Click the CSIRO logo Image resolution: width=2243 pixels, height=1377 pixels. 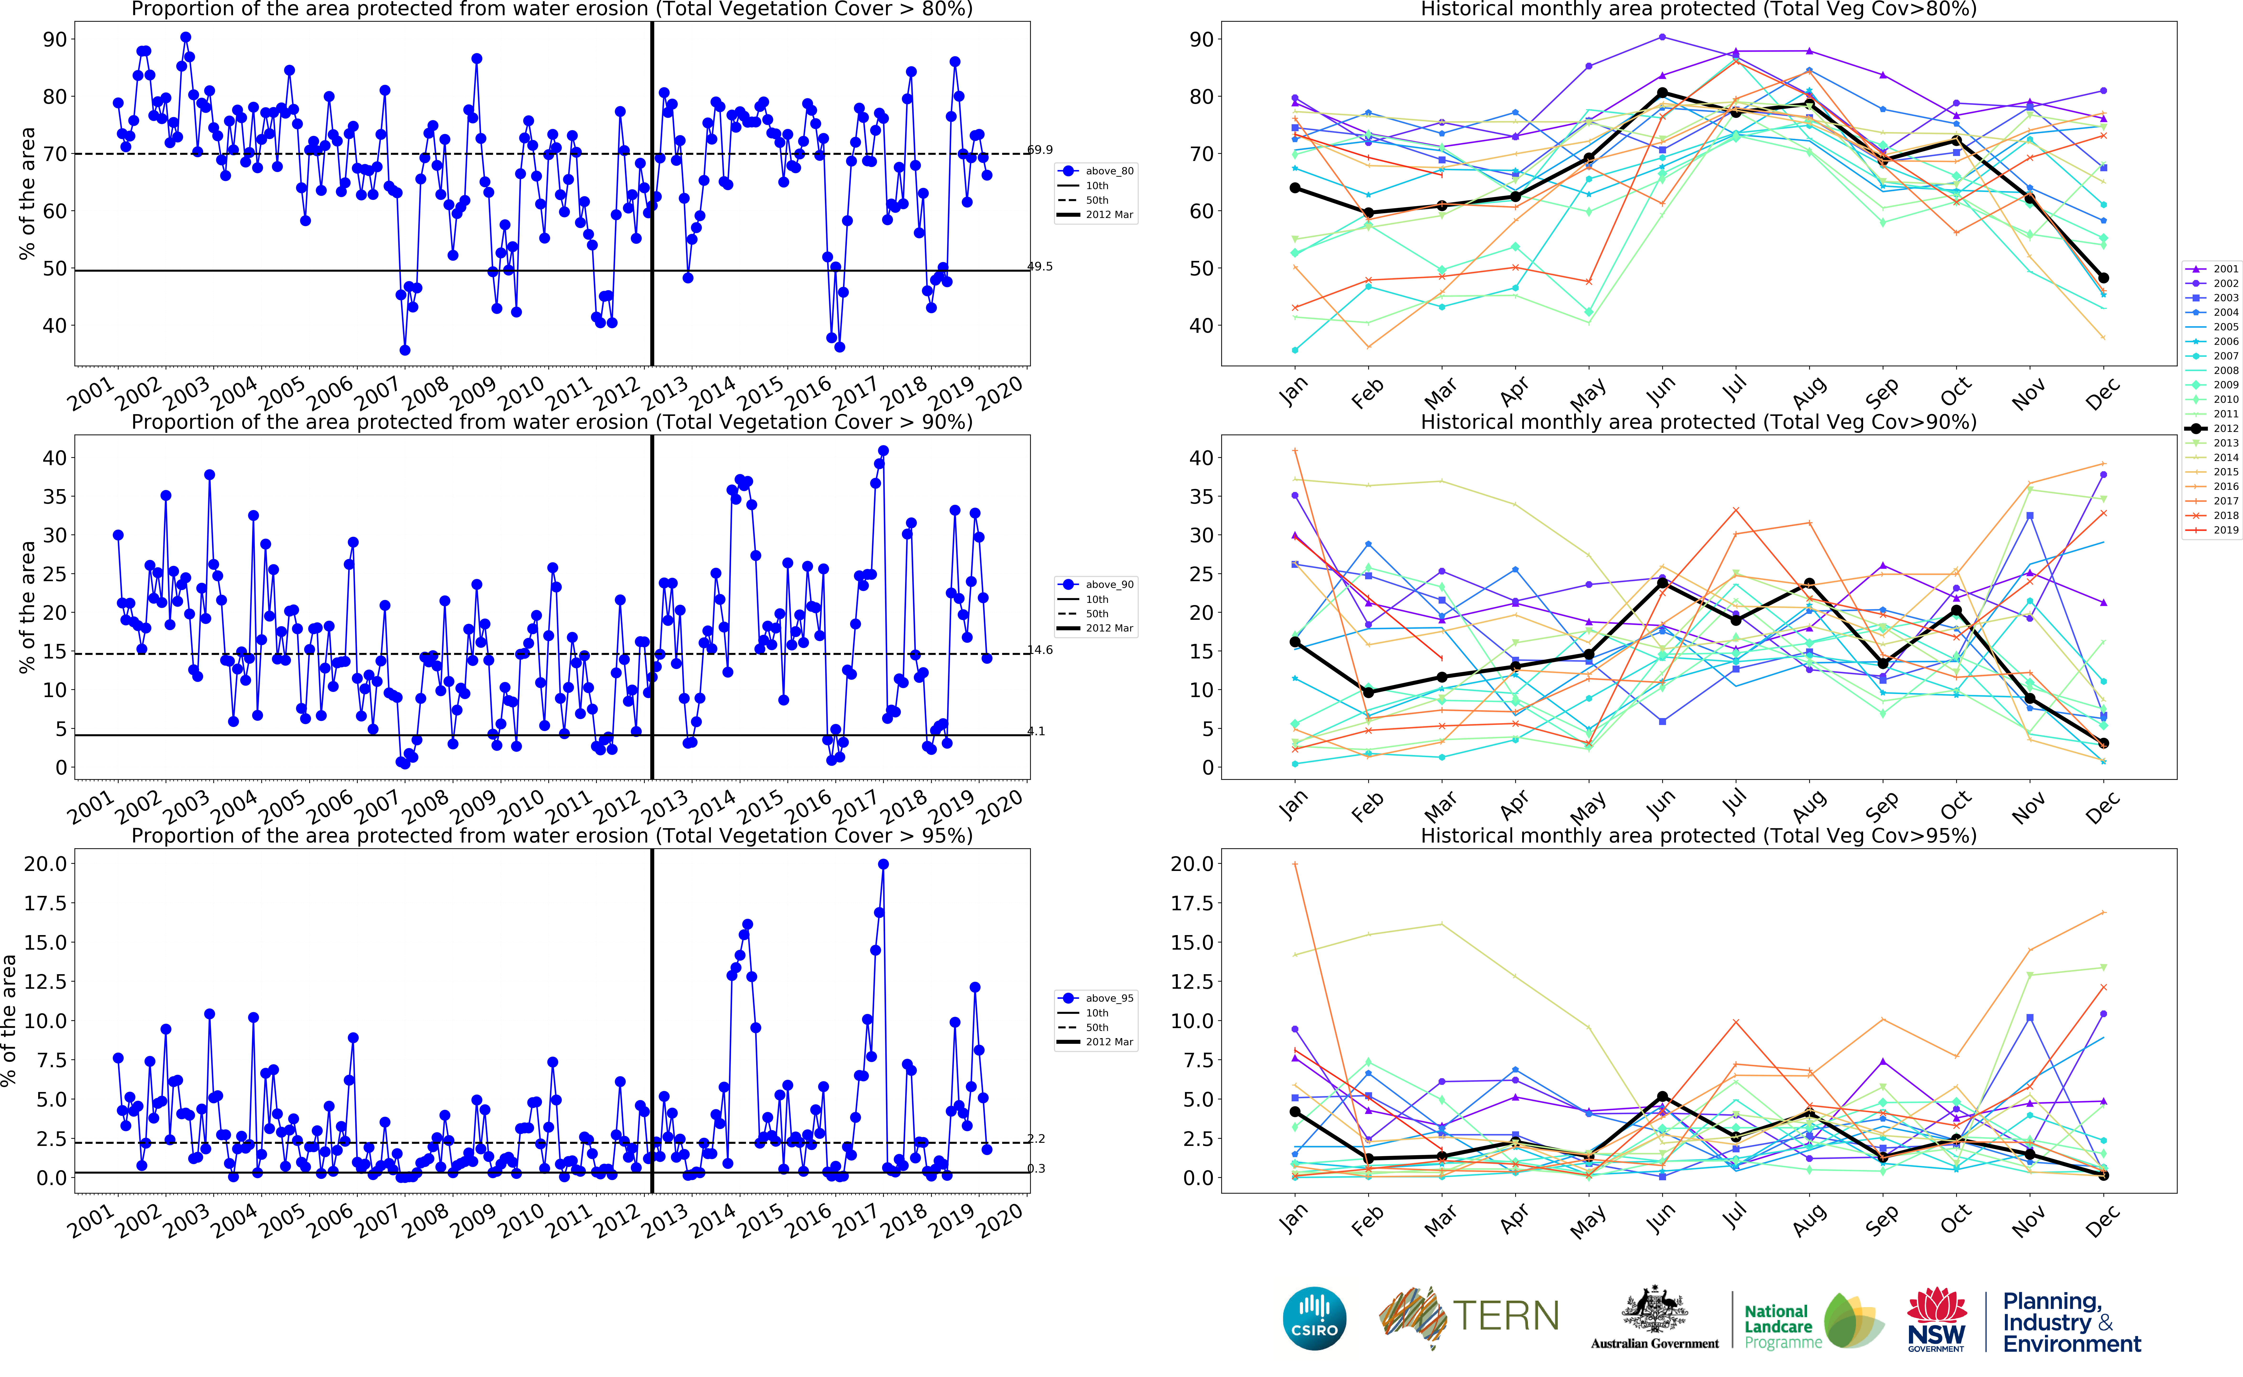click(1314, 1318)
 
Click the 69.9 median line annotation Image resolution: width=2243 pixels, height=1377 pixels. click(1039, 149)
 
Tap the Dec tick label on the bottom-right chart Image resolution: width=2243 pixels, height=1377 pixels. click(2102, 1220)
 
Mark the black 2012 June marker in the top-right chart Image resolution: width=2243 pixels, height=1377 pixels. click(1663, 93)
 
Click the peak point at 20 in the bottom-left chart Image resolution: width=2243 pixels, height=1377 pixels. click(883, 864)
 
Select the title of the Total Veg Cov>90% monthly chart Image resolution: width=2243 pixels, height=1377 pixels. click(1698, 422)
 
